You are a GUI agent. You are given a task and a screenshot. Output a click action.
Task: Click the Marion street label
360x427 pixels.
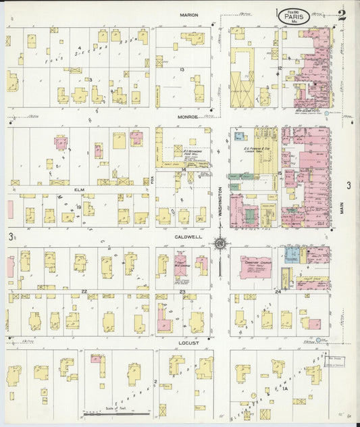tap(188, 15)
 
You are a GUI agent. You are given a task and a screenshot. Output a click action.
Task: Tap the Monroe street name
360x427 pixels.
tap(188, 116)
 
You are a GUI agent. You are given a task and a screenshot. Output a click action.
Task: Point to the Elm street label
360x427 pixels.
tap(78, 190)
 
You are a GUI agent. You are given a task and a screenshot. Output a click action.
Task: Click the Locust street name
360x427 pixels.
tap(188, 343)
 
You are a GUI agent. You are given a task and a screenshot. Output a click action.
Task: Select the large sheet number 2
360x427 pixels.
tap(342, 16)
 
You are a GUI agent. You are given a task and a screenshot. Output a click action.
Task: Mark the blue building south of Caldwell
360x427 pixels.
tap(292, 255)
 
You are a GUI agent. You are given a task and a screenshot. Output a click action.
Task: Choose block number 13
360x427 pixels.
tap(182, 70)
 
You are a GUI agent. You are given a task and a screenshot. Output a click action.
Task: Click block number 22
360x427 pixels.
tap(84, 291)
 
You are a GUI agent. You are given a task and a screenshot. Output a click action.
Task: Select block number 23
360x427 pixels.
tap(183, 291)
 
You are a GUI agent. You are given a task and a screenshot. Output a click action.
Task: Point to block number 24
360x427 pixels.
tap(278, 291)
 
